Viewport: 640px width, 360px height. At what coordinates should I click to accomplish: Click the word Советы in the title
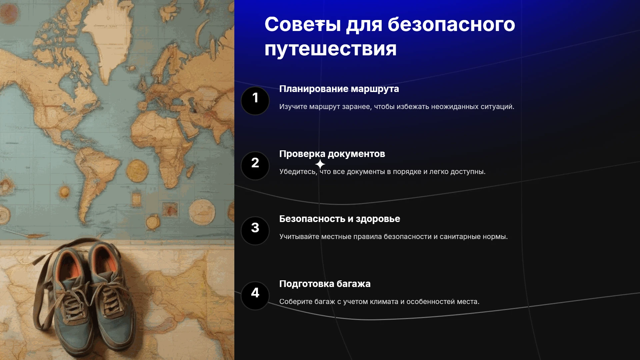point(303,24)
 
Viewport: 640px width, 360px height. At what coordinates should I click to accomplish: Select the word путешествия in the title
point(331,49)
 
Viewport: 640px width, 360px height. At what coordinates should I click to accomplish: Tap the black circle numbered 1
point(255,101)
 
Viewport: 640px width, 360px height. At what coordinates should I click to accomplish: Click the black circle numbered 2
point(255,166)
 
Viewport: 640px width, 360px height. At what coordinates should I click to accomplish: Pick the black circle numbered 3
point(255,231)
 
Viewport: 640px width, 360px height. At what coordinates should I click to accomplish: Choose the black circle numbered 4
point(255,296)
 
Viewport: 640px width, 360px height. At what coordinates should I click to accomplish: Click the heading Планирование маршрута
point(339,89)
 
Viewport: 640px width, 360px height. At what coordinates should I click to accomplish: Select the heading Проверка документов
point(332,154)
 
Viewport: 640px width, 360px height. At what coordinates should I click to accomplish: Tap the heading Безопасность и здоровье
point(340,219)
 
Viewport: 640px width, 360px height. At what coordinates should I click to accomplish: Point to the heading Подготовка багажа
point(325,284)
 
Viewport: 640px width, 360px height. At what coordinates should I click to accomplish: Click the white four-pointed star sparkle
point(320,164)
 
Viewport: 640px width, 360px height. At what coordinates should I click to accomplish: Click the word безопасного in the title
point(451,24)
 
